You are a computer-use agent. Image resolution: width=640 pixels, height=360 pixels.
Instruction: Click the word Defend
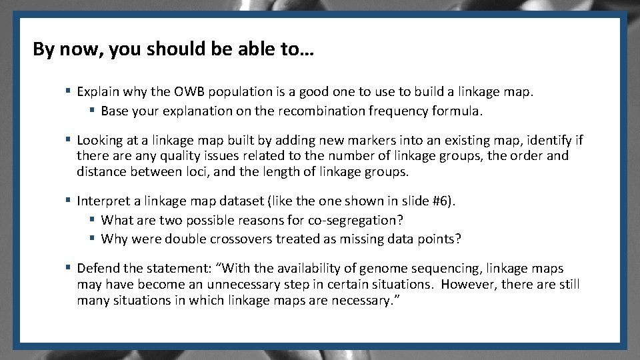[97, 269]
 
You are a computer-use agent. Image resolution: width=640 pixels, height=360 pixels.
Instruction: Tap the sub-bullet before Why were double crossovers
[93, 239]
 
